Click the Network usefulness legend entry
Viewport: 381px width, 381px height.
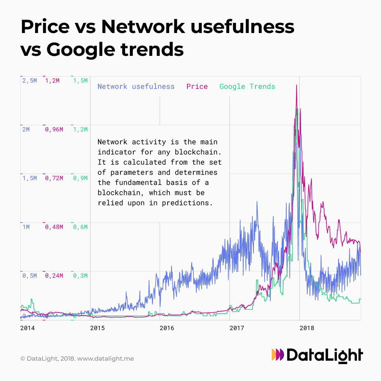pyautogui.click(x=136, y=86)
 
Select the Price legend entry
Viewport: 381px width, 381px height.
pyautogui.click(x=197, y=86)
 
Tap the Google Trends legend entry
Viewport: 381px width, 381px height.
pyautogui.click(x=247, y=86)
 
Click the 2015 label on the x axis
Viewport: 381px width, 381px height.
pyautogui.click(x=97, y=328)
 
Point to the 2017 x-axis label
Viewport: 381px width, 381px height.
pyautogui.click(x=237, y=328)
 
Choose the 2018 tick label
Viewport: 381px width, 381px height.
pyautogui.click(x=306, y=328)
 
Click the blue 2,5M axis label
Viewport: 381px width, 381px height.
pyautogui.click(x=30, y=81)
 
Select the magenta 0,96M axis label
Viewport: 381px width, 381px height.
pyautogui.click(x=54, y=130)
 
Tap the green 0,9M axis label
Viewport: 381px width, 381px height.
pyautogui.click(x=80, y=178)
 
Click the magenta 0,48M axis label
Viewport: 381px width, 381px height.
pyautogui.click(x=54, y=227)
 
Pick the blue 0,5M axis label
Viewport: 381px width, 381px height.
pyautogui.click(x=30, y=276)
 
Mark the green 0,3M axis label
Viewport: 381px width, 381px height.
pyautogui.click(x=80, y=276)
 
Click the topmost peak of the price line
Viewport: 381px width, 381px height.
pyautogui.click(x=297, y=85)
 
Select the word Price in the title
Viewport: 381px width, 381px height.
pyautogui.click(x=45, y=26)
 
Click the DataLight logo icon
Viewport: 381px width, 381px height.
pyautogui.click(x=278, y=355)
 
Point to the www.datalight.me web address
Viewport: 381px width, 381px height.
pyautogui.click(x=105, y=359)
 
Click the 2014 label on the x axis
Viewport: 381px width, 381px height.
pyautogui.click(x=27, y=328)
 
